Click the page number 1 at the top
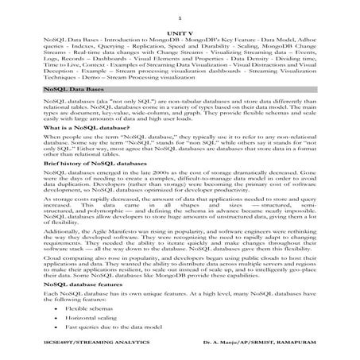point(180,16)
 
